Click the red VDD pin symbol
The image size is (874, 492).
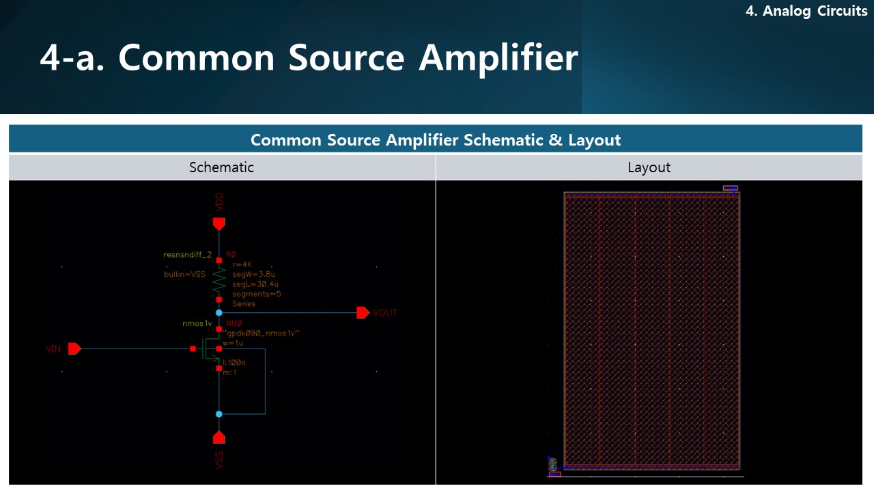218,223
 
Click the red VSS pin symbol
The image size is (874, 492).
218,437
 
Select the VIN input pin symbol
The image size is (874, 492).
74,348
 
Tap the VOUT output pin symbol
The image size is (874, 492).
363,313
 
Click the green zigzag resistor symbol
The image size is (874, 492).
218,279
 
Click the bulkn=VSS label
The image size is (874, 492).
184,274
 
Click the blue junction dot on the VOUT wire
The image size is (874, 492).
218,313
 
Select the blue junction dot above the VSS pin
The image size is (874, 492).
218,414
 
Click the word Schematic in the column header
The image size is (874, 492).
221,167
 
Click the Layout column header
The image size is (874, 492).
649,167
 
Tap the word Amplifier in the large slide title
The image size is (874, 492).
498,57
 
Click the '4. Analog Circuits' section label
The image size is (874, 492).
806,12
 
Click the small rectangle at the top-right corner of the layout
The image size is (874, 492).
730,188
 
